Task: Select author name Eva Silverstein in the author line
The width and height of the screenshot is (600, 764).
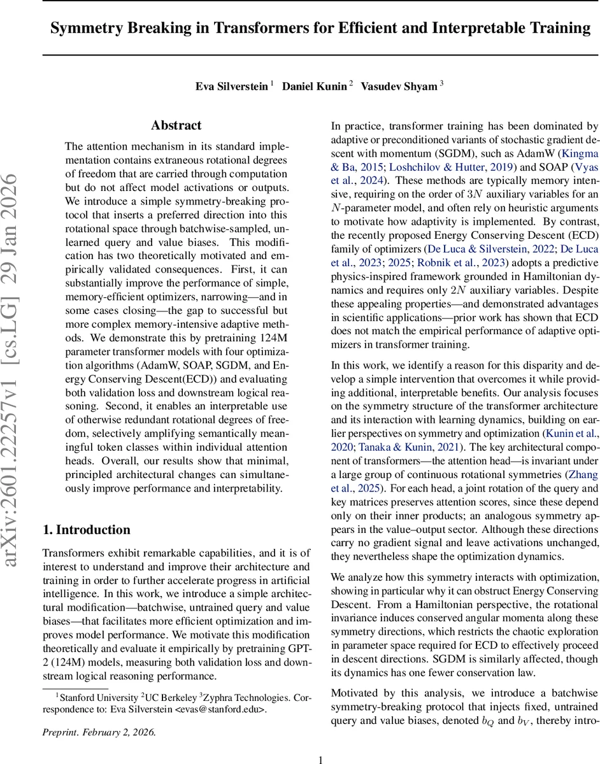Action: point(232,86)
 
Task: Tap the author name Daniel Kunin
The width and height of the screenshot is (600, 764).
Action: point(315,86)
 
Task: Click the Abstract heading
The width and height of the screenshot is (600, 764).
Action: point(176,125)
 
